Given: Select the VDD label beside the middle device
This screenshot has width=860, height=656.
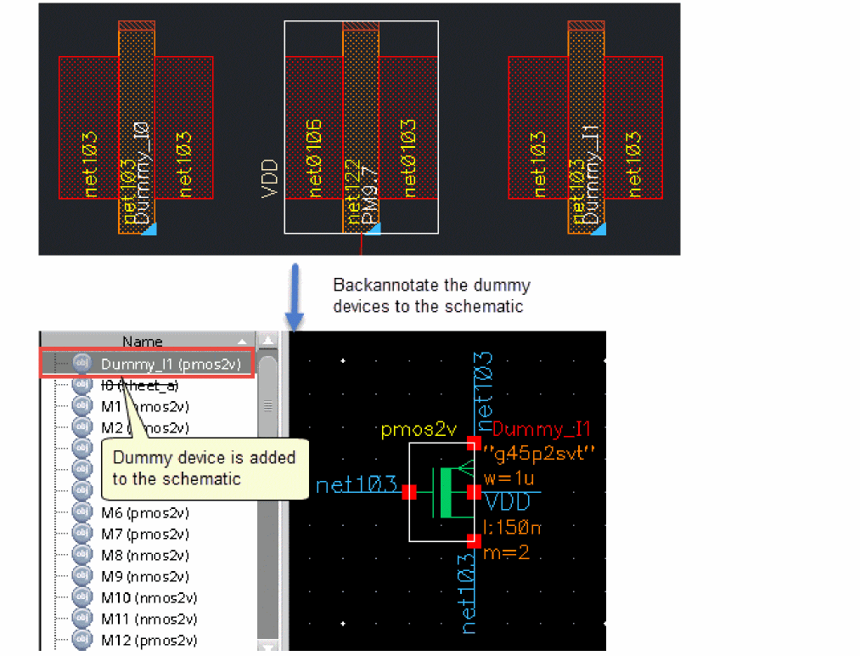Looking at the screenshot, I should (270, 178).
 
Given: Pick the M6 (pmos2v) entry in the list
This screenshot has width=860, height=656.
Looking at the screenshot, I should (144, 512).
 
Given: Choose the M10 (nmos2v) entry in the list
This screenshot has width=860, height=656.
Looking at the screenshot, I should (148, 597).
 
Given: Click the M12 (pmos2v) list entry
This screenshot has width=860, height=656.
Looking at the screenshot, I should (148, 640).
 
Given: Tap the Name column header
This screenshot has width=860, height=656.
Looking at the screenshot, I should (142, 342).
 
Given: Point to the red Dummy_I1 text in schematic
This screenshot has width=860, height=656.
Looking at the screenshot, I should (541, 428).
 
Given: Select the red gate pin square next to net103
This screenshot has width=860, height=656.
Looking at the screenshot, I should (409, 492).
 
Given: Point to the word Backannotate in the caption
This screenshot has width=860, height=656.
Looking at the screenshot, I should (385, 286).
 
